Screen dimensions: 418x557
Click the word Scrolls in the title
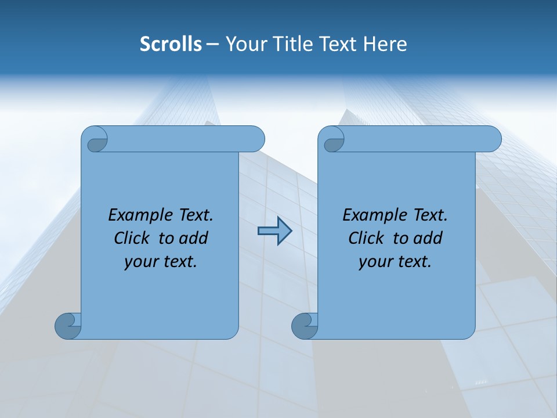(171, 44)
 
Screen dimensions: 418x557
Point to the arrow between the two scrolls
(274, 231)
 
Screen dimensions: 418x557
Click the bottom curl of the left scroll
(68, 325)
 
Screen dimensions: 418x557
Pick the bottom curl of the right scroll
(305, 325)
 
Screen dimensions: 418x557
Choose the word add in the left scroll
(194, 238)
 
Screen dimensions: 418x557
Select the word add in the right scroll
(428, 238)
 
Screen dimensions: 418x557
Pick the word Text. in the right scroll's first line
(430, 215)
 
